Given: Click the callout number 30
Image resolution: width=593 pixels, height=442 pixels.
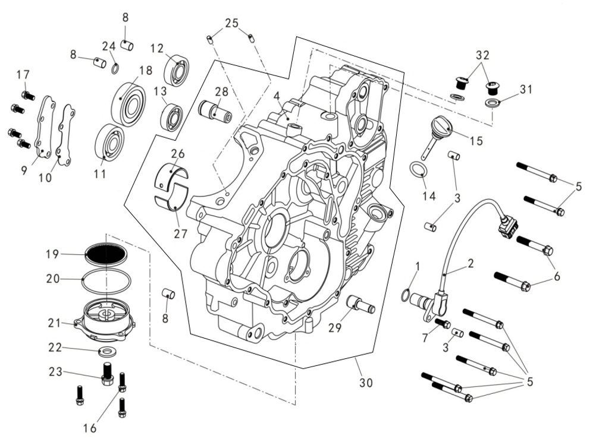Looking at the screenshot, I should tap(365, 383).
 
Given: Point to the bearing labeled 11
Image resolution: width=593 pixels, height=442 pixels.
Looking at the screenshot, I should tap(111, 142).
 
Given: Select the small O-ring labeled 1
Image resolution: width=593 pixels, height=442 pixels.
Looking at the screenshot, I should tap(406, 293).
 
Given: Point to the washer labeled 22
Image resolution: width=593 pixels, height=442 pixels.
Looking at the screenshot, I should tap(105, 349).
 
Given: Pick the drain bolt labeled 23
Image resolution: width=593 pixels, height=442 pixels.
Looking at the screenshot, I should tap(108, 372).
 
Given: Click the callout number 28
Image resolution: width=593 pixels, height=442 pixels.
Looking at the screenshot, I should tap(221, 91).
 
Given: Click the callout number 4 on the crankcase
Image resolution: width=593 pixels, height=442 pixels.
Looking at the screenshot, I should tap(277, 96).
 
